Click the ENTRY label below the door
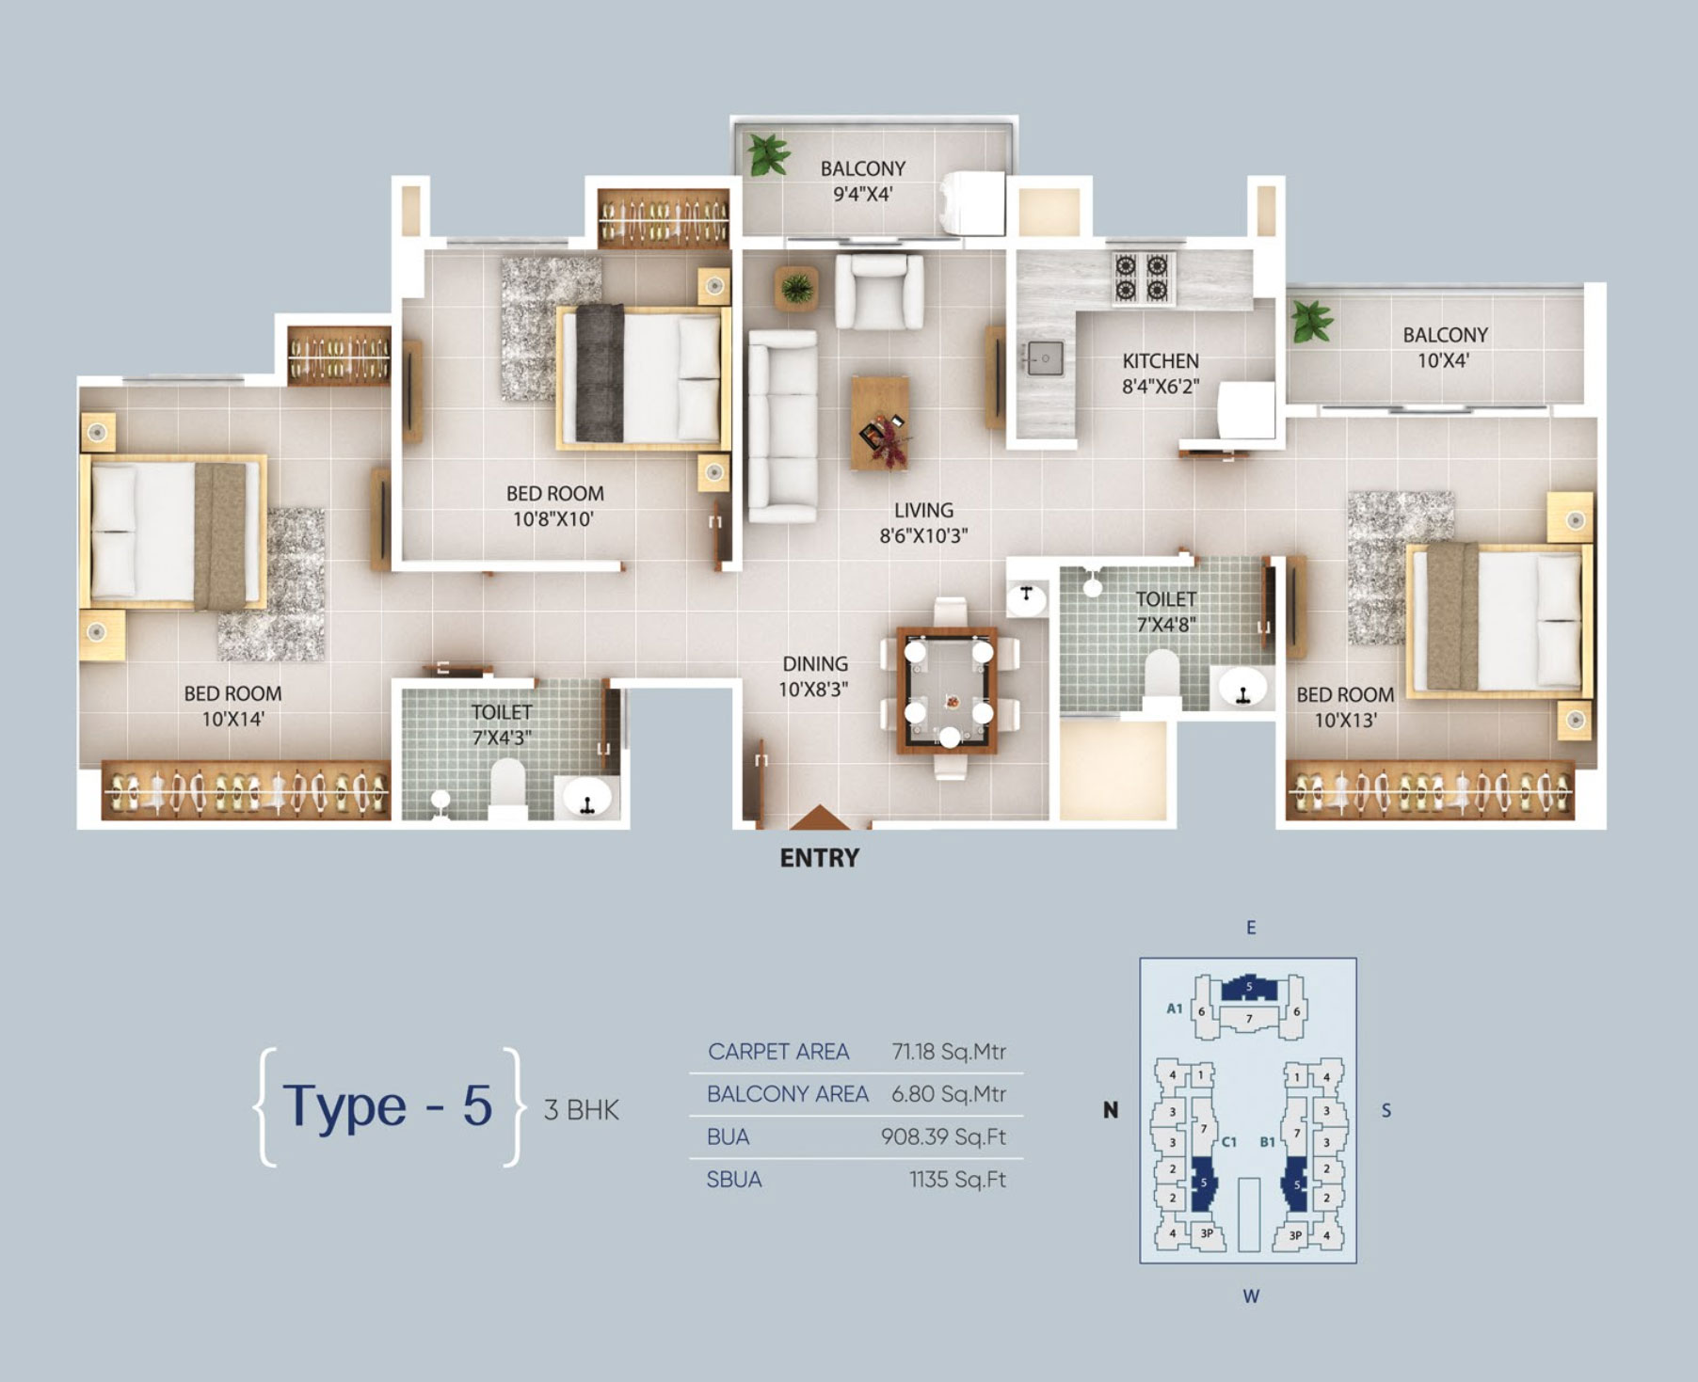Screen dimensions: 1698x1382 pos(819,858)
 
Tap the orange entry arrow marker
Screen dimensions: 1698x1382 pos(819,818)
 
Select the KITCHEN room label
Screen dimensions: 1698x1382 pos(1161,361)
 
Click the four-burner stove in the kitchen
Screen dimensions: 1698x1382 pos(1142,277)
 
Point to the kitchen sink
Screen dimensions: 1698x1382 pos(1044,358)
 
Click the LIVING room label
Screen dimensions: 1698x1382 pos(923,510)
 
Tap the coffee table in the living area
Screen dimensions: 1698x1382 pos(880,422)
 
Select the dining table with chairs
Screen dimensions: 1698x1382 pos(949,689)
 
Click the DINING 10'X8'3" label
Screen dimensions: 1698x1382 pos(814,676)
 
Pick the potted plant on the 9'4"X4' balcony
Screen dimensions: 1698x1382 pos(768,154)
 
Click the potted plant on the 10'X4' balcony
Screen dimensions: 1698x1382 pos(1310,322)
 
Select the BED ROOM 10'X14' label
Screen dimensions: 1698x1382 pos(232,707)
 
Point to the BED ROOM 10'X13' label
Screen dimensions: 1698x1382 pos(1345,707)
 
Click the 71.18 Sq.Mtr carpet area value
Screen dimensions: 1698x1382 pos(949,1052)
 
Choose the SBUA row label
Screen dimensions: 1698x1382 pos(734,1180)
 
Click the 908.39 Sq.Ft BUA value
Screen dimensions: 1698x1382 pos(943,1137)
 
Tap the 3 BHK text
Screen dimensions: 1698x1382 pos(582,1110)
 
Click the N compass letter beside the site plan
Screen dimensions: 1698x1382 pos(1111,1110)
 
